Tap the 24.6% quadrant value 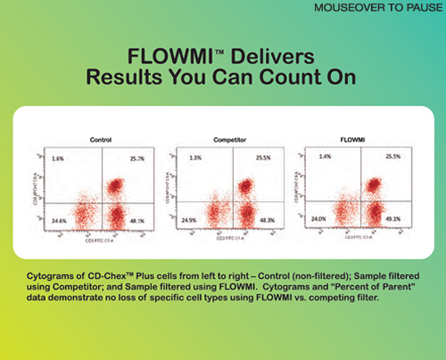click(x=58, y=220)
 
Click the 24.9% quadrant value click(x=187, y=220)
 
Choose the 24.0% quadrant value click(x=318, y=220)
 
